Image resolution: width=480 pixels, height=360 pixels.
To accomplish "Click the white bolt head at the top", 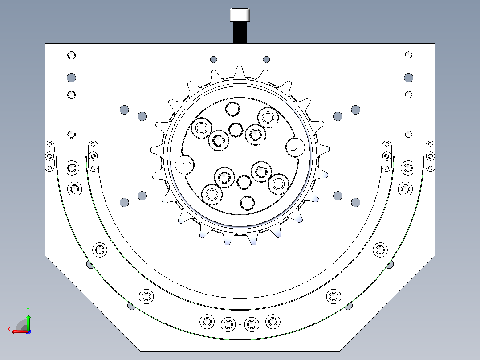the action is pyautogui.click(x=240, y=15).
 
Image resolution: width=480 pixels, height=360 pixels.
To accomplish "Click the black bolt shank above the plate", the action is pyautogui.click(x=240, y=33).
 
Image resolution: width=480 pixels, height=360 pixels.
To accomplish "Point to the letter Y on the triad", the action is pyautogui.click(x=28, y=310).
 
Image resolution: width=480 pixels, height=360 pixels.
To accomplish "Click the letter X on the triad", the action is pyautogui.click(x=9, y=330).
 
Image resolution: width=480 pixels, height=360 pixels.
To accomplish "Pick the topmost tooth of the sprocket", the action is pyautogui.click(x=240, y=72).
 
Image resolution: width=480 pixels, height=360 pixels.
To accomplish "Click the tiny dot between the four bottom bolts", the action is pyautogui.click(x=240, y=325).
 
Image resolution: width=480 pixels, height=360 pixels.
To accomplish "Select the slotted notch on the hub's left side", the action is pyautogui.click(x=185, y=164).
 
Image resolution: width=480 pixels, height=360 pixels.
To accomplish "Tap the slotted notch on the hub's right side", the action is pyautogui.click(x=295, y=147).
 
